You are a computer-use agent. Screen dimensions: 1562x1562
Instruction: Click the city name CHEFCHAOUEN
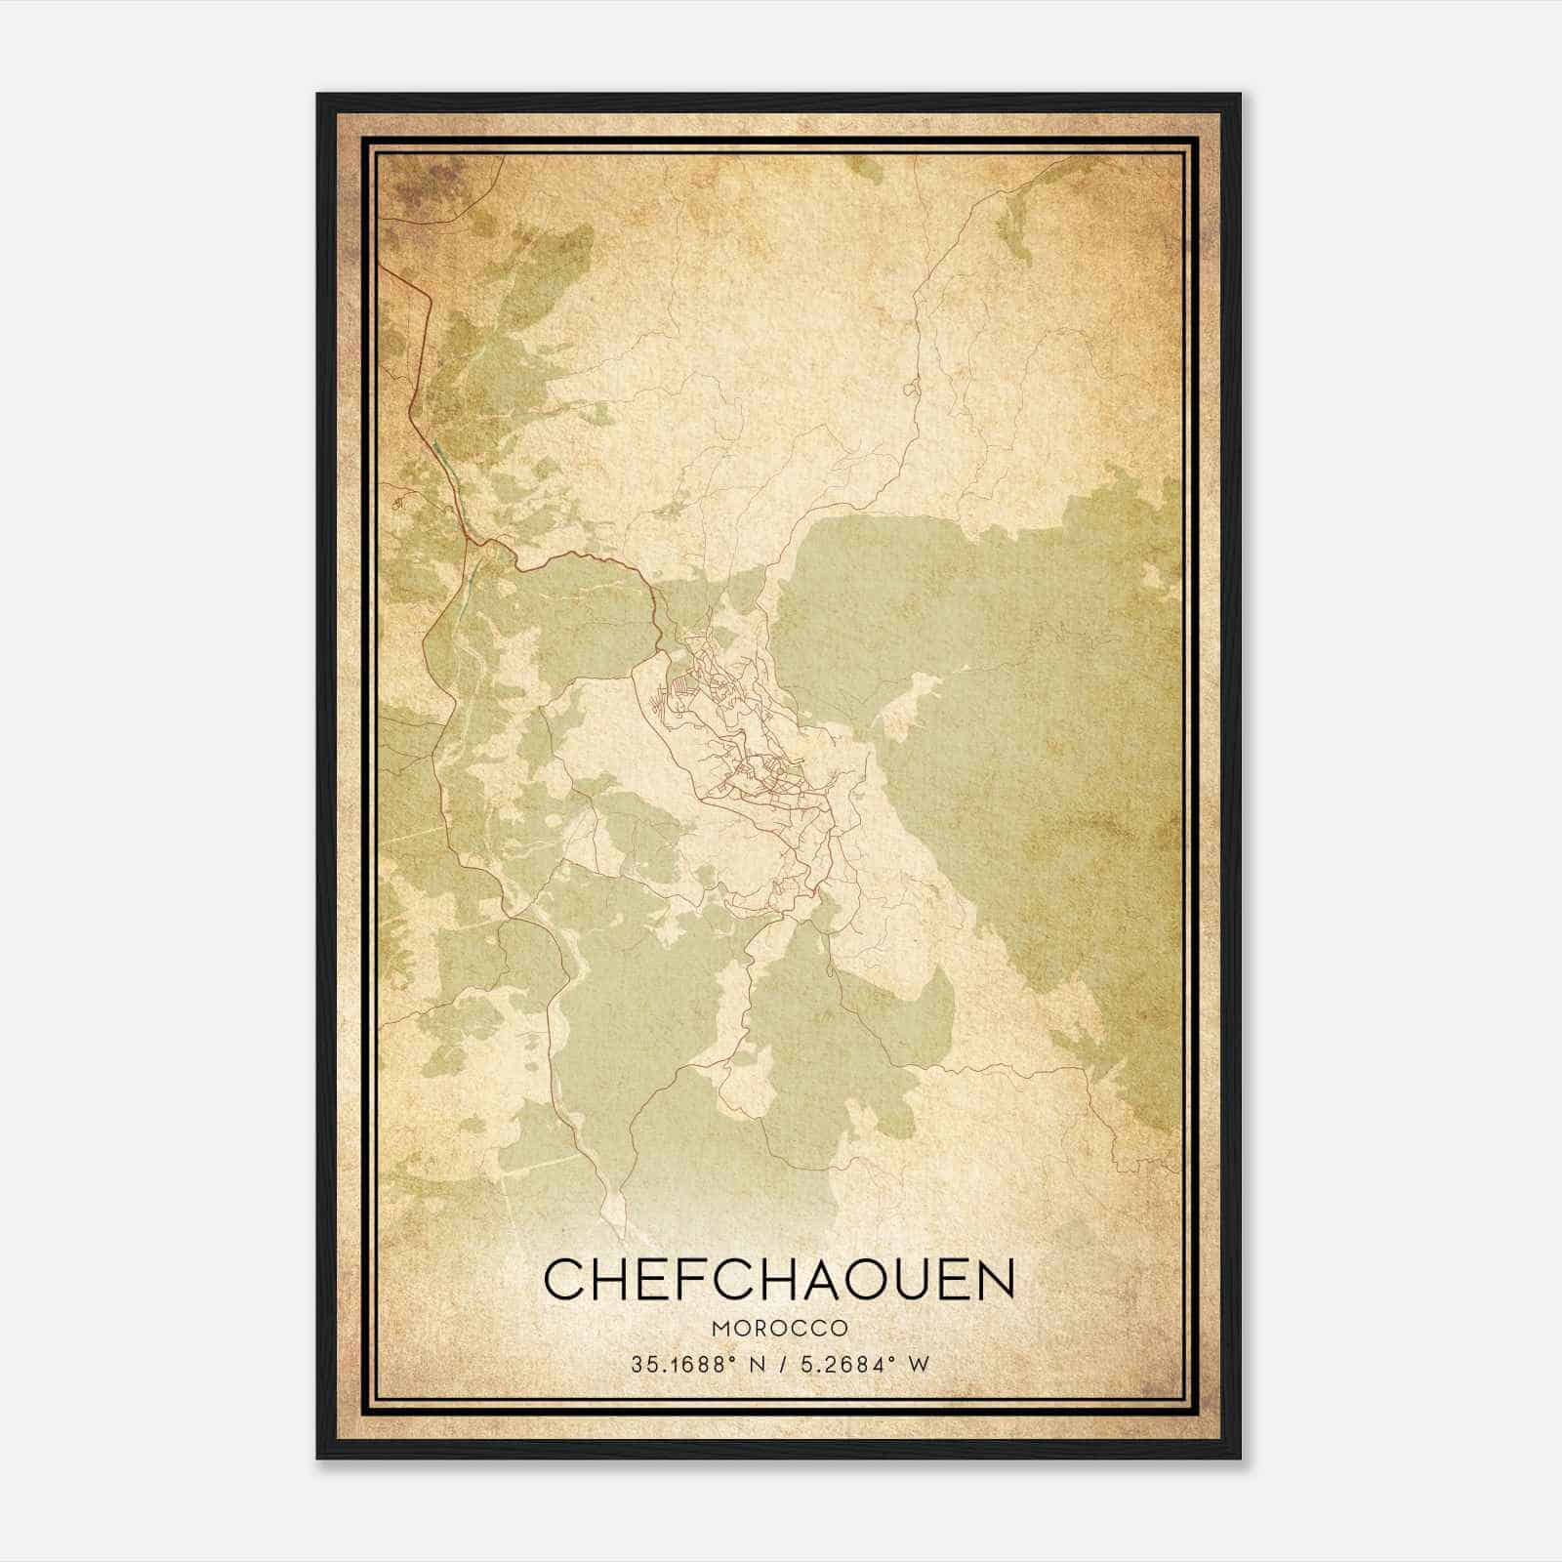(779, 1279)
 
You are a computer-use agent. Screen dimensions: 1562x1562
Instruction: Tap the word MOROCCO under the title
(779, 1329)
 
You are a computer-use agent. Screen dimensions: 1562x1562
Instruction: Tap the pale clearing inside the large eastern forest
(913, 698)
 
